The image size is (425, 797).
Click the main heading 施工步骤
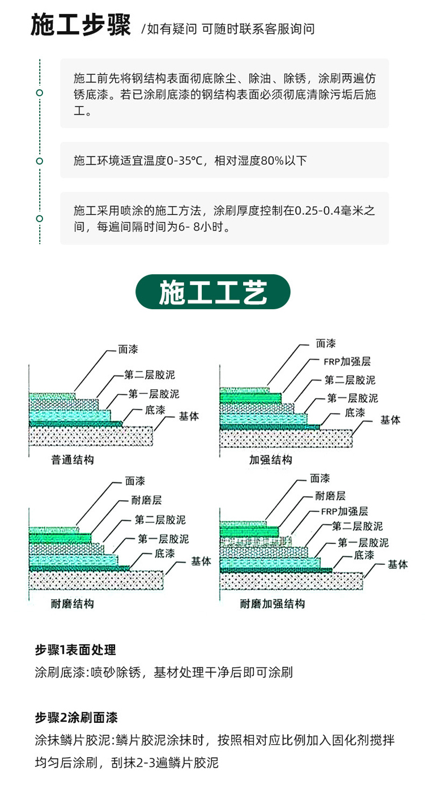81,25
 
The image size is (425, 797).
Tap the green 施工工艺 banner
213,292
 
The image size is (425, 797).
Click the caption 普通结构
73,460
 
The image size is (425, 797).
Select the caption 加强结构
270,460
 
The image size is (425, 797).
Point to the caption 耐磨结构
73,603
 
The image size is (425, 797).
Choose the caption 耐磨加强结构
273,603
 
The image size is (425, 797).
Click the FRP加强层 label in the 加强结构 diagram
347,361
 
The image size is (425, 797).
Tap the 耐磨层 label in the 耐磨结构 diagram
147,500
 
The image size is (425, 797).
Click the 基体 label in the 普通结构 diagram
189,416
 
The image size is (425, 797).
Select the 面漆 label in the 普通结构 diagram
128,349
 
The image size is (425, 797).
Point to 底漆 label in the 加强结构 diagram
355,412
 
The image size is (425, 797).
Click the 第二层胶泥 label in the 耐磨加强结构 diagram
358,526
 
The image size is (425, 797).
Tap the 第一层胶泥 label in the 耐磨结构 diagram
163,539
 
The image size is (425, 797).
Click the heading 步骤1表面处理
75,650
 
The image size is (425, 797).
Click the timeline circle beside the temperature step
40,161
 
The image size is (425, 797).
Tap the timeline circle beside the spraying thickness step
40,219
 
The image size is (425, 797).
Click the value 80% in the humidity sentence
272,161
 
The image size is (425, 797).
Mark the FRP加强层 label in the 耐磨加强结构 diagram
345,512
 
